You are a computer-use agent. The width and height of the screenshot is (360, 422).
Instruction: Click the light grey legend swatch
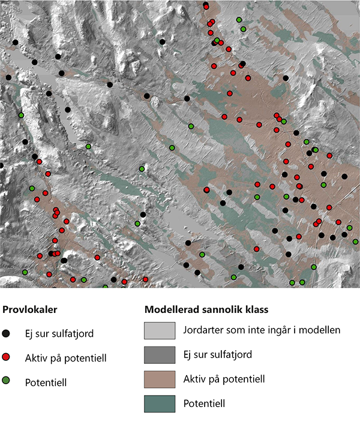[x=160, y=330]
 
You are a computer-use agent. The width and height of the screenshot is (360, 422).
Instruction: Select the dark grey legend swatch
[x=160, y=354]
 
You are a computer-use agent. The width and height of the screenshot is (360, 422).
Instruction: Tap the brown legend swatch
[x=160, y=379]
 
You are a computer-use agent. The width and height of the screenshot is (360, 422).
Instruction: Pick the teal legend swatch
[x=160, y=403]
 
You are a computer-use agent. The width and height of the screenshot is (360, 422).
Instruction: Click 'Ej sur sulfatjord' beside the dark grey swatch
[x=217, y=354]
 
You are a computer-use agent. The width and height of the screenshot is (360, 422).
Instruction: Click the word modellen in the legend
[x=321, y=330]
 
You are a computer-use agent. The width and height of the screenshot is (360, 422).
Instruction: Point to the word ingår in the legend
[x=277, y=330]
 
